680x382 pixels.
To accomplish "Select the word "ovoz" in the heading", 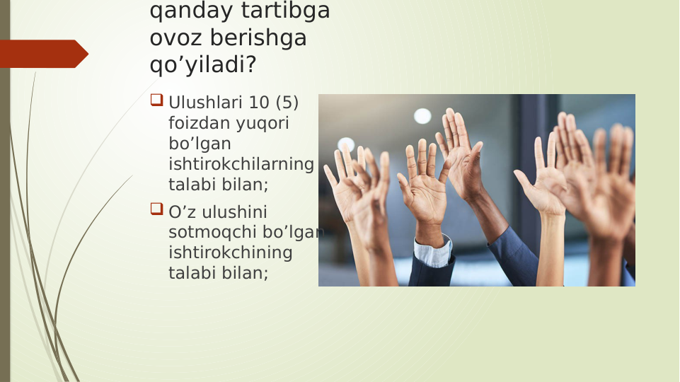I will [174, 38].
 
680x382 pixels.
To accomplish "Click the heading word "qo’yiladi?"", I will [202, 64].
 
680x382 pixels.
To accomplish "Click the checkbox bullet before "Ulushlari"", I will [156, 101].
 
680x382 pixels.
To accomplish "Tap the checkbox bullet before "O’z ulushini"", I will [156, 209].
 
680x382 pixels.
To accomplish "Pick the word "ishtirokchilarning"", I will [241, 165].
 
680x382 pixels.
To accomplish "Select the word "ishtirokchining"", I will [230, 253].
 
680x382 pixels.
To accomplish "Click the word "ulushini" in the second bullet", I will [237, 212].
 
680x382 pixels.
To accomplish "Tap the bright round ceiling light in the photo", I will [422, 116].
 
